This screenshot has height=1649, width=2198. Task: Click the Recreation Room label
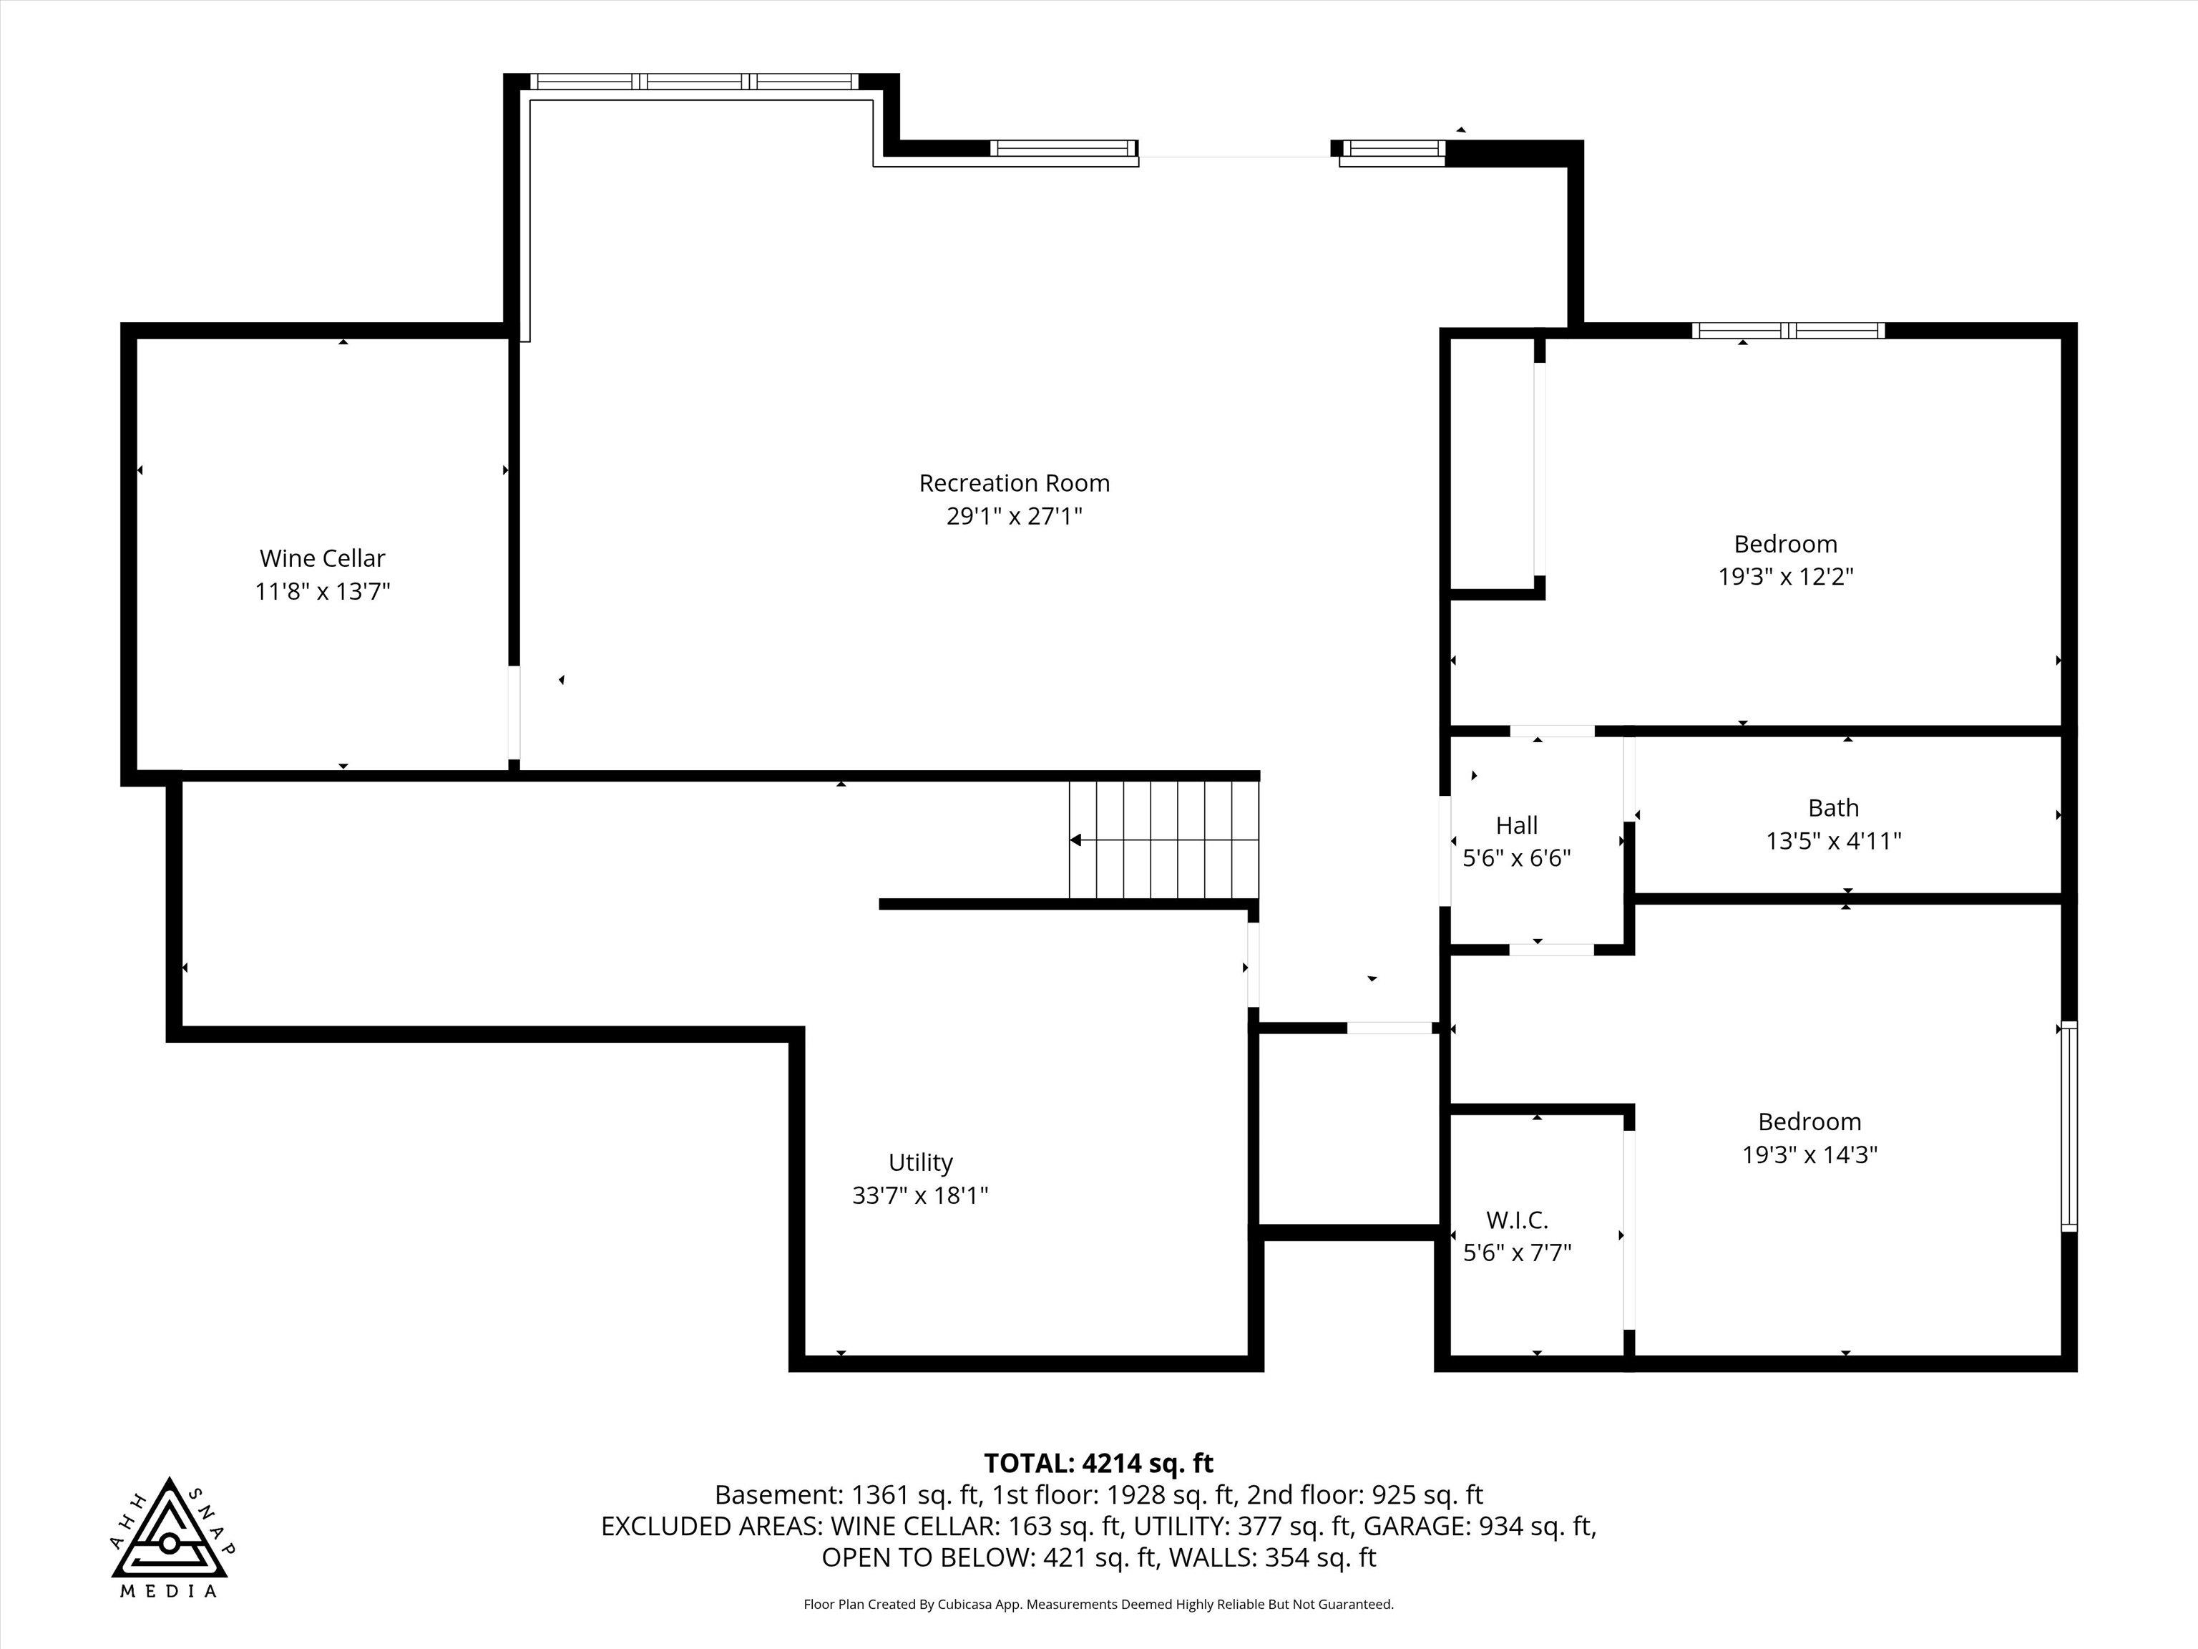pyautogui.click(x=1014, y=483)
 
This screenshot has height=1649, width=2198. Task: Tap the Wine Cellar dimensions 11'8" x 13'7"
pyautogui.click(x=323, y=591)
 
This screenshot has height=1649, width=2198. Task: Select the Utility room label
pyautogui.click(x=920, y=1163)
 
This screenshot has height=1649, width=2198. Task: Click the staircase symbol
pyautogui.click(x=1163, y=840)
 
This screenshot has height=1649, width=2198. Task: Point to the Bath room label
pyautogui.click(x=1833, y=808)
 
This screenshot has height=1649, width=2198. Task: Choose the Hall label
pyautogui.click(x=1516, y=825)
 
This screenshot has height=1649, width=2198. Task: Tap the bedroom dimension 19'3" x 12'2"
pyautogui.click(x=1786, y=576)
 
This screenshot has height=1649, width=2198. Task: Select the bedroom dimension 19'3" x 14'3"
pyautogui.click(x=1809, y=1154)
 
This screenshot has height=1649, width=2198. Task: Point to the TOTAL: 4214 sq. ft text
pyautogui.click(x=1098, y=1463)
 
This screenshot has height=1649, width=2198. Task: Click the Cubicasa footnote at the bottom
pyautogui.click(x=1098, y=1605)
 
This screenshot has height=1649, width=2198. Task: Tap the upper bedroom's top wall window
pyautogui.click(x=1789, y=331)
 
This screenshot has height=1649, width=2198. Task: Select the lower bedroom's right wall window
pyautogui.click(x=2068, y=1126)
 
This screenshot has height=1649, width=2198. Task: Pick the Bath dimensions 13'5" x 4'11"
pyautogui.click(x=1833, y=841)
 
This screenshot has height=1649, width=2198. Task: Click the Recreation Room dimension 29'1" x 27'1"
pyautogui.click(x=1014, y=516)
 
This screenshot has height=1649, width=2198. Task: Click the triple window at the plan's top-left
pyautogui.click(x=693, y=82)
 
